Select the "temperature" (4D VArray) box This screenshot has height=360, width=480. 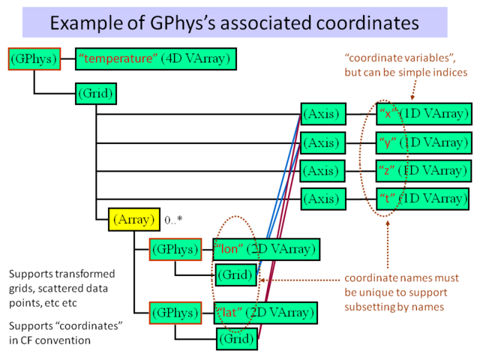click(157, 58)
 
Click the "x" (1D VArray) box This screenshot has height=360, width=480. click(424, 114)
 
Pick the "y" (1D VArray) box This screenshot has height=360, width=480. click(424, 142)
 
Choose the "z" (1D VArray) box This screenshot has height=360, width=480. click(424, 170)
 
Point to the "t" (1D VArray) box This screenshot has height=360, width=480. click(424, 199)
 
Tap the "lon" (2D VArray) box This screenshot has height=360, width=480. click(266, 248)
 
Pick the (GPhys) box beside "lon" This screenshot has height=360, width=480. click(175, 248)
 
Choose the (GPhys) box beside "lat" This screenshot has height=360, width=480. click(175, 311)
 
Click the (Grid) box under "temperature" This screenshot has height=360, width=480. click(95, 94)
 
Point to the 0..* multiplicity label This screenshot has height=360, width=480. click(174, 220)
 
